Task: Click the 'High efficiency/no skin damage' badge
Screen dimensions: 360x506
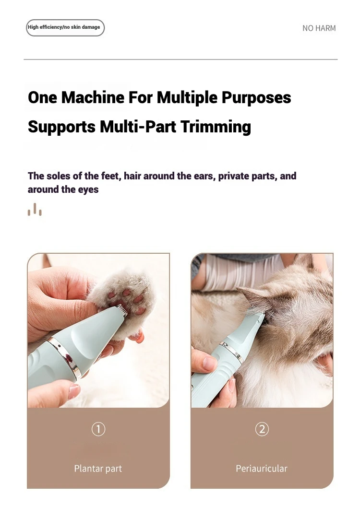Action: (x=65, y=27)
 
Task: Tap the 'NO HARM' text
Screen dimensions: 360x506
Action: (x=319, y=28)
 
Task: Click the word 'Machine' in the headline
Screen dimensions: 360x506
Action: (x=93, y=97)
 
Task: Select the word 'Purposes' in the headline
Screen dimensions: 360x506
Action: (x=256, y=98)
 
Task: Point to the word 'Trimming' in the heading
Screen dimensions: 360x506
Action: (x=216, y=127)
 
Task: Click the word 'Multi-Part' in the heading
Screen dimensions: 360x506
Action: (x=138, y=127)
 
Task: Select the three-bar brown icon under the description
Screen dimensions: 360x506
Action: (x=35, y=209)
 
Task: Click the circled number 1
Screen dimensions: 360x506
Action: (x=98, y=429)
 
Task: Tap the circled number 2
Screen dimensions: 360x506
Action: (x=262, y=429)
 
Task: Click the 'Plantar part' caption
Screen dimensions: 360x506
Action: (x=98, y=469)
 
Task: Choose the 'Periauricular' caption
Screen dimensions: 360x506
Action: (x=262, y=469)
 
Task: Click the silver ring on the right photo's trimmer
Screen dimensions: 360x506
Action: (x=231, y=351)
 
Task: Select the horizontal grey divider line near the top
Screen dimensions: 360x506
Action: (x=180, y=59)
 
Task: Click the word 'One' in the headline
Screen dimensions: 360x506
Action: (x=43, y=97)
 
